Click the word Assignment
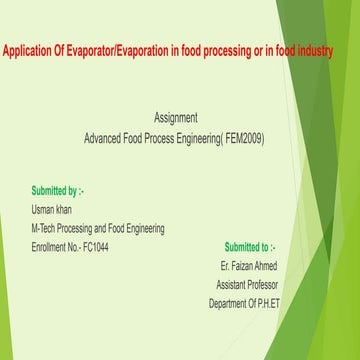pos(183,117)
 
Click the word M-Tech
pos(46,228)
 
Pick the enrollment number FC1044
pos(94,246)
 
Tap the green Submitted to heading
pos(250,246)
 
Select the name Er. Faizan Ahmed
pos(249,265)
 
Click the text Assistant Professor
pos(247,284)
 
